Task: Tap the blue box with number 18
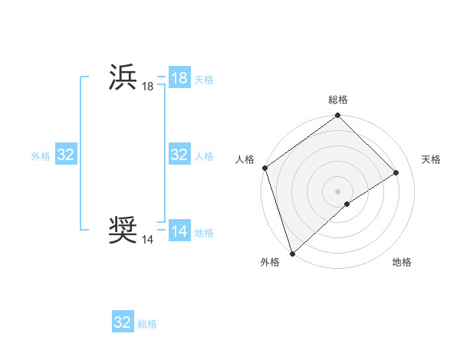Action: (179, 78)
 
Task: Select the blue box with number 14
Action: (179, 231)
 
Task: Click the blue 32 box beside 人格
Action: (179, 155)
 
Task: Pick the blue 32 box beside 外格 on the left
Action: (66, 155)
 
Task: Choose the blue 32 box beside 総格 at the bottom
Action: (123, 322)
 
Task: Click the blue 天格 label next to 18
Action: (204, 80)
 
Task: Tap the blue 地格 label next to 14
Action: (204, 233)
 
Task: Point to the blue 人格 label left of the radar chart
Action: (204, 156)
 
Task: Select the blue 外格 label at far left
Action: (41, 156)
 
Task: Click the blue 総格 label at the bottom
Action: (147, 324)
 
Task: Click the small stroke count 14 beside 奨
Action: (147, 240)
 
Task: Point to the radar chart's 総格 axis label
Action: (338, 100)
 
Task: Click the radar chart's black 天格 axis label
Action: (432, 159)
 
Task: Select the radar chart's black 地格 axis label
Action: (402, 262)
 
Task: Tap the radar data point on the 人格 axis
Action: (264, 168)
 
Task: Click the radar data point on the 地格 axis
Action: (347, 204)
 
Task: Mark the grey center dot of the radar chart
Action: (338, 191)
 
